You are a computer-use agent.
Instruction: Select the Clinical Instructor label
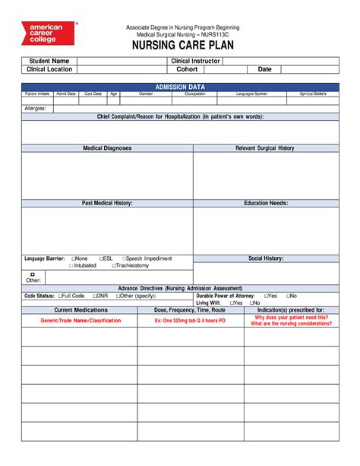pyautogui.click(x=195, y=60)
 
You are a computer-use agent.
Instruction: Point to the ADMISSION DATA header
pyautogui.click(x=180, y=87)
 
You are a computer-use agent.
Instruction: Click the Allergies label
pyautogui.click(x=36, y=109)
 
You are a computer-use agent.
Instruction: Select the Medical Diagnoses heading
pyautogui.click(x=107, y=148)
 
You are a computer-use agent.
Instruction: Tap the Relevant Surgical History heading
pyautogui.click(x=265, y=148)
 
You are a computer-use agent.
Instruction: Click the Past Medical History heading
pyautogui.click(x=107, y=204)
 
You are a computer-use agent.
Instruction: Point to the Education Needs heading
pyautogui.click(x=265, y=204)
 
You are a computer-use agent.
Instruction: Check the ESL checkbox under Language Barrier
pyautogui.click(x=101, y=258)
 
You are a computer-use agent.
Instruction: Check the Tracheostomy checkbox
pyautogui.click(x=114, y=266)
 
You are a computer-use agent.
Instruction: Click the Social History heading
pyautogui.click(x=265, y=258)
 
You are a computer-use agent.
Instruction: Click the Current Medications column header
pyautogui.click(x=80, y=310)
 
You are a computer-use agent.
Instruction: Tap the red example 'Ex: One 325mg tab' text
pyautogui.click(x=190, y=322)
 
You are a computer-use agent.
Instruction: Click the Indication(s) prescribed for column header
pyautogui.click(x=291, y=310)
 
